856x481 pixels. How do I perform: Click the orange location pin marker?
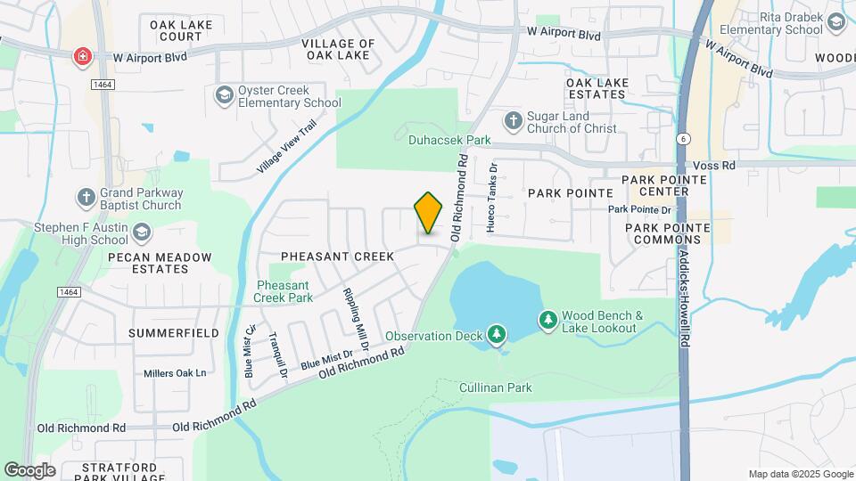tap(428, 212)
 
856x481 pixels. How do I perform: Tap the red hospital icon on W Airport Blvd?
tap(82, 57)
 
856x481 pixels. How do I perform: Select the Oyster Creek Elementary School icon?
tap(224, 94)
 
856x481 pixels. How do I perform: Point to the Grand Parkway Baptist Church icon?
tap(86, 197)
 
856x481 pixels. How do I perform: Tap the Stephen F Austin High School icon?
tap(141, 233)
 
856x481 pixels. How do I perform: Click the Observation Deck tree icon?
tap(497, 336)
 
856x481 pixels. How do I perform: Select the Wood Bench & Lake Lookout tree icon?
tap(547, 319)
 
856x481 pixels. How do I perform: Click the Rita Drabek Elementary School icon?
tap(836, 22)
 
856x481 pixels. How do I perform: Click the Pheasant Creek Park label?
tap(284, 291)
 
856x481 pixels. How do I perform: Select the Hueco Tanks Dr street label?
tap(491, 198)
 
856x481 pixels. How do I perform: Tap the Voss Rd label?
tap(716, 166)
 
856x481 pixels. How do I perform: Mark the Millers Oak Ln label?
tap(175, 372)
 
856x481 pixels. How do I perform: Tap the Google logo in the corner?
tap(29, 469)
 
